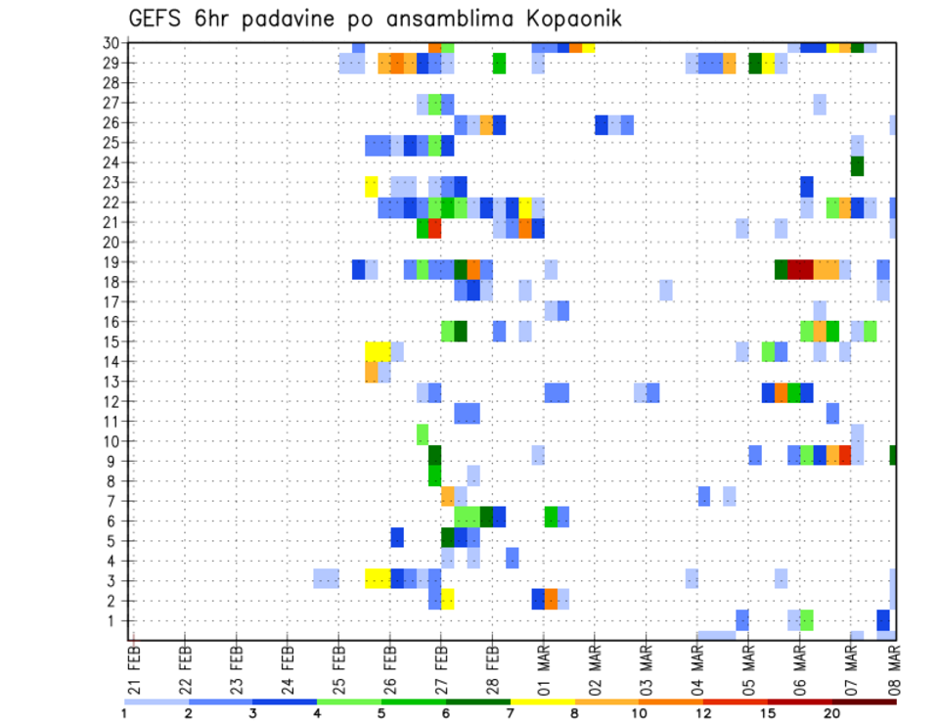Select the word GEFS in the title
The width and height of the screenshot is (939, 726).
(x=158, y=19)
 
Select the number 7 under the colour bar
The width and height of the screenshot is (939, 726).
(x=511, y=713)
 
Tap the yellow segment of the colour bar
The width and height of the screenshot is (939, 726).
(x=542, y=702)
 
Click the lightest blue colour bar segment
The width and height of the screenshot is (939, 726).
(x=156, y=702)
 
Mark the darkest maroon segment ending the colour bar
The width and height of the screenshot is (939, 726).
(x=864, y=702)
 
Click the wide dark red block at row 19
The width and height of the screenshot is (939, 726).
(x=800, y=268)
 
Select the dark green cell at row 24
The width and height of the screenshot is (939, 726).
(x=857, y=165)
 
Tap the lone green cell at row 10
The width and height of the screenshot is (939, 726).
(x=423, y=432)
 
